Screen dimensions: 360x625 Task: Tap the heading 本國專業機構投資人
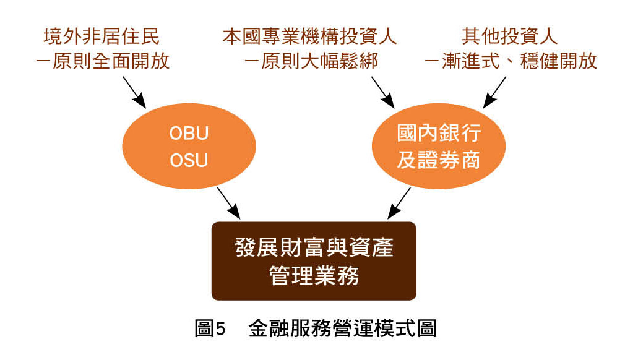pos(309,36)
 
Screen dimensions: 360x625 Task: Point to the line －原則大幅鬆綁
pos(309,62)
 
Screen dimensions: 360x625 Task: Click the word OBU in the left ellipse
pos(189,134)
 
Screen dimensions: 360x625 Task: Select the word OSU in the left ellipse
pos(189,161)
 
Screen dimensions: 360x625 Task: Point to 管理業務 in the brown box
pos(314,275)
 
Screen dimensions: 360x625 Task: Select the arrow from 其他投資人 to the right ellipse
pos(495,91)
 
